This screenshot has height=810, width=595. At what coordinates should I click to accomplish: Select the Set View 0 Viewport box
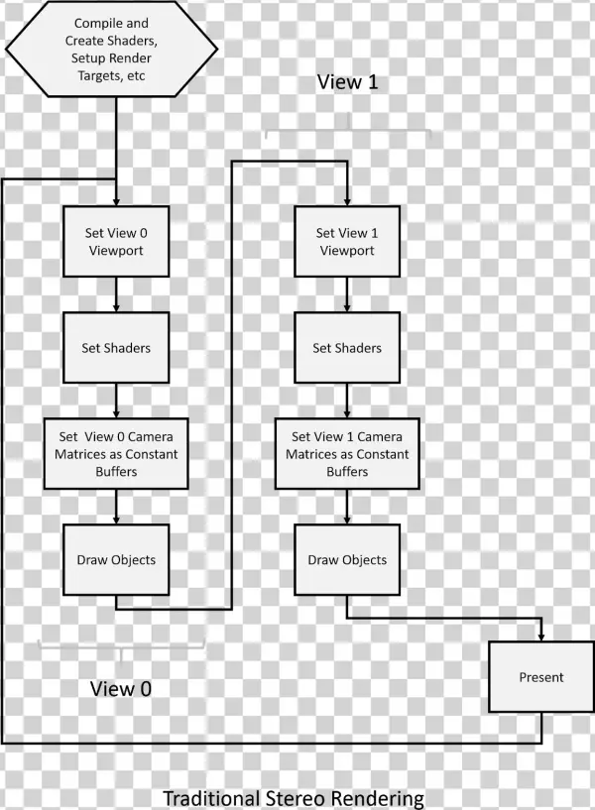coord(117,242)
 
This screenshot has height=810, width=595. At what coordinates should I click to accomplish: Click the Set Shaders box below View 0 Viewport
coord(117,348)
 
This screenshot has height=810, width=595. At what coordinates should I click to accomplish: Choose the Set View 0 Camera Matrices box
coord(117,453)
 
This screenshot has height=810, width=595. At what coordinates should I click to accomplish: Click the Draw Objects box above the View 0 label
coord(117,559)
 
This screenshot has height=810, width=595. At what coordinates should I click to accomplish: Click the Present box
coord(540,677)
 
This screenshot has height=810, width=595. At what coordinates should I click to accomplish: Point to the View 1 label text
coord(347,82)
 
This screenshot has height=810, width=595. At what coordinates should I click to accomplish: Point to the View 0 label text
coord(122,688)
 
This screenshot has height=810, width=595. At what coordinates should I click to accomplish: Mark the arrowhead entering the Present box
coord(540,636)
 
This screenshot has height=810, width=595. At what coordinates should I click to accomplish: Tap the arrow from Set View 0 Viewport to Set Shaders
coord(117,294)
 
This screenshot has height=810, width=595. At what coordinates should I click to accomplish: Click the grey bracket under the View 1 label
coord(346,131)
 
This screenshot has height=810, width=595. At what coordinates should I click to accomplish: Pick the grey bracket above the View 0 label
coord(120,645)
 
